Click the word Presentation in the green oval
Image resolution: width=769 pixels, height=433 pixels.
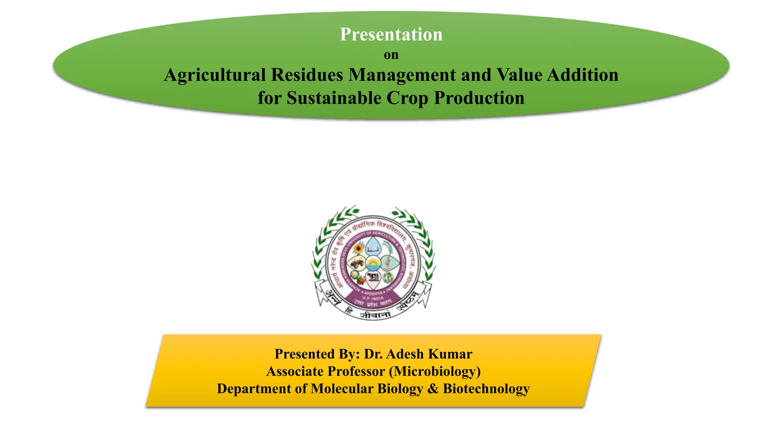391,35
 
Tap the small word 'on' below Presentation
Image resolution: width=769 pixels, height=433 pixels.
391,55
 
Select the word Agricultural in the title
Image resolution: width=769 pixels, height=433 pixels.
215,75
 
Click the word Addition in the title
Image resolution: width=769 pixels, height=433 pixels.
582,75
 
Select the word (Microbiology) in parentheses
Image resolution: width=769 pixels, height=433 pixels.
435,371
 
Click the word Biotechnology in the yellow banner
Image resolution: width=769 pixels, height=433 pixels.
486,389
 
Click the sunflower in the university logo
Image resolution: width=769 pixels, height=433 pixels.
358,248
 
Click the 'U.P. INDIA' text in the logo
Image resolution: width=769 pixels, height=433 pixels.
373,298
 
